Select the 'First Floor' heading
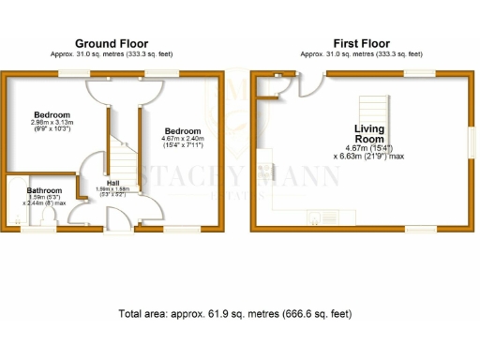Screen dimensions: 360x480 pyautogui.click(x=360, y=43)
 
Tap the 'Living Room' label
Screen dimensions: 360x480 pyautogui.click(x=368, y=133)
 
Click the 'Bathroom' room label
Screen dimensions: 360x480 pyautogui.click(x=32, y=189)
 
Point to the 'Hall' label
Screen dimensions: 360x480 pyautogui.click(x=112, y=182)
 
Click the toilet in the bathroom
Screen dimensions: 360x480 pyautogui.click(x=48, y=217)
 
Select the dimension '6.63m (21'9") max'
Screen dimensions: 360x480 pyautogui.click(x=370, y=156)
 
